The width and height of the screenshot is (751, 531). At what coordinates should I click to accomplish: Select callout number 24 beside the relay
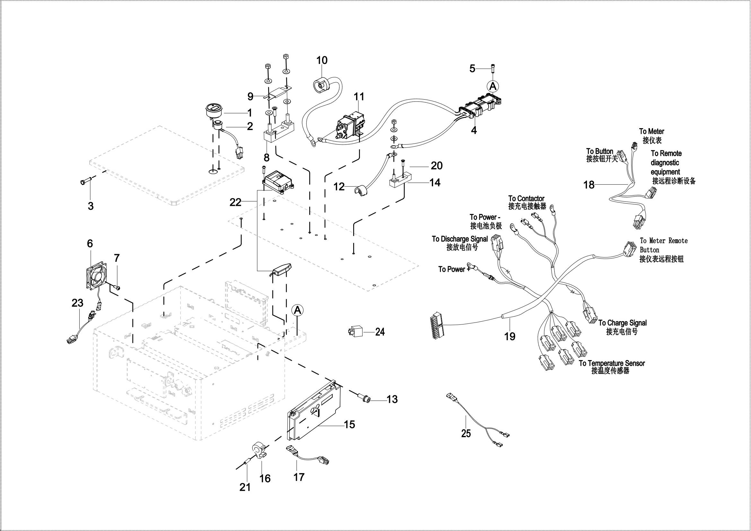(380, 332)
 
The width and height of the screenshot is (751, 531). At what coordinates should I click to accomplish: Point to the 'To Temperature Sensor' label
(612, 363)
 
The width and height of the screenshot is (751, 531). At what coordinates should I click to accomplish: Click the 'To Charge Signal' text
(623, 323)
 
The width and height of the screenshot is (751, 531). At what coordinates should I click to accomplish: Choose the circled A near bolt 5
(493, 86)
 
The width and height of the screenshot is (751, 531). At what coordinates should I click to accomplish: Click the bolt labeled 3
(84, 181)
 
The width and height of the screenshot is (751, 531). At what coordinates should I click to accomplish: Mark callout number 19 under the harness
(510, 336)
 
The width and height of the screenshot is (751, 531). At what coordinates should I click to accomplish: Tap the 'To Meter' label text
(651, 131)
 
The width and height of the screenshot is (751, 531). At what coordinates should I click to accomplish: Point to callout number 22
(235, 202)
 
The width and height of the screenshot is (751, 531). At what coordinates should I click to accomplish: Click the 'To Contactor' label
(526, 199)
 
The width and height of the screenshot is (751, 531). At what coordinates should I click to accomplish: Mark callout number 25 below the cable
(466, 433)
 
